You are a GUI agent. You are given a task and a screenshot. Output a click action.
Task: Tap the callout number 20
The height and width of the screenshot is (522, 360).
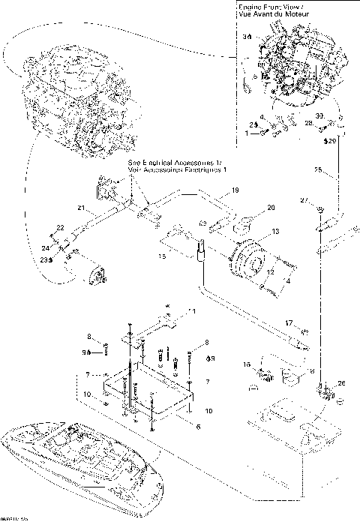[x=250, y=207]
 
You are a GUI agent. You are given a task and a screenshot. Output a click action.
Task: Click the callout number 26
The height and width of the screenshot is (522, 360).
[x=343, y=385]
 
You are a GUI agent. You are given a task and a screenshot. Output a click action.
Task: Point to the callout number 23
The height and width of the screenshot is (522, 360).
[x=43, y=259]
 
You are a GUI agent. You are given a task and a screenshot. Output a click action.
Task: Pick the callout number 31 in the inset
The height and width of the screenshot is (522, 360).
[x=247, y=36]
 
